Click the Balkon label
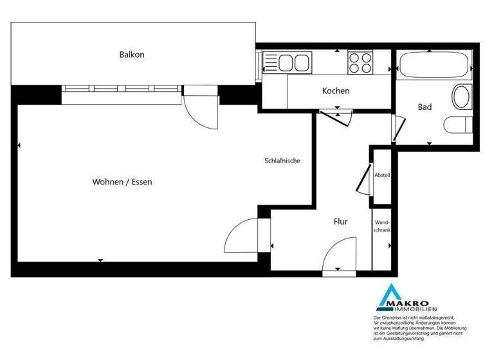(132, 55)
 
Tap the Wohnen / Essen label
(122, 182)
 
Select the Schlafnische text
(282, 161)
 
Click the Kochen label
(336, 91)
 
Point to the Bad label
(425, 107)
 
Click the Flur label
(340, 222)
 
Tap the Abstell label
(382, 175)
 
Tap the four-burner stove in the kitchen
(360, 63)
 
